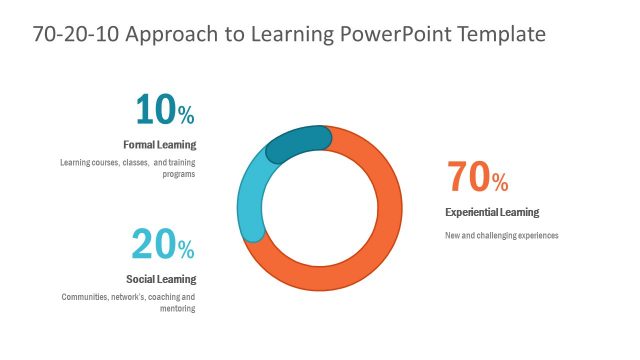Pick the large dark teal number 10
point(154,110)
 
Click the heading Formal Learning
point(159,145)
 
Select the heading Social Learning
point(161,279)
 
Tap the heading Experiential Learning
point(492,212)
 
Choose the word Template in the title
point(500,34)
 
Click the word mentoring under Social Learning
point(179,309)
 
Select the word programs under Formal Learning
point(179,174)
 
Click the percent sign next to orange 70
point(500,183)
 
